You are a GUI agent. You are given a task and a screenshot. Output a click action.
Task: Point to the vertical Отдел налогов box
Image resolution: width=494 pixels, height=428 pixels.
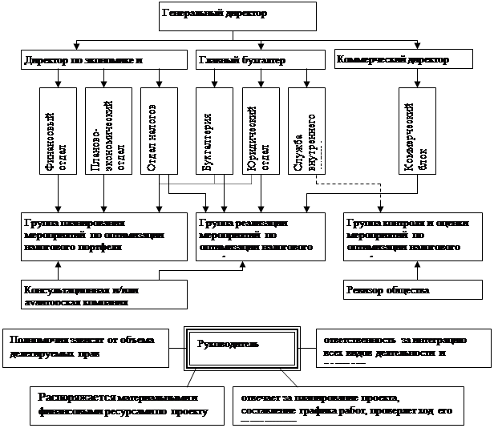point(158,131)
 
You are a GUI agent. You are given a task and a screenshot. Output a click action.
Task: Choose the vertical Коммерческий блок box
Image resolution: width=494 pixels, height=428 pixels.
point(416,131)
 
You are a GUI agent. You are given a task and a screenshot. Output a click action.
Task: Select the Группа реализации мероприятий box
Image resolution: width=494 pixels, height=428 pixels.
point(261,237)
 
